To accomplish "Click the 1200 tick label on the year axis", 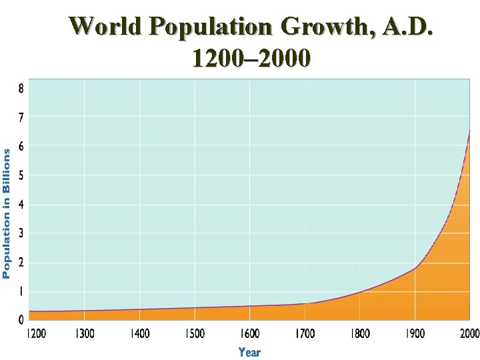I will tap(36, 333).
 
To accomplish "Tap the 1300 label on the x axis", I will tap(85, 333).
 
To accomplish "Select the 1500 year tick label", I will tap(194, 333).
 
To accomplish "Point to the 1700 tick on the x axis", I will tap(305, 333).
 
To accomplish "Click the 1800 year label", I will tap(360, 333).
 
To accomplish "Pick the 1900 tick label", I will tap(415, 333).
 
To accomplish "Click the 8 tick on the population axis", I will tap(21, 88).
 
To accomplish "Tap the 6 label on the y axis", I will tap(21, 146).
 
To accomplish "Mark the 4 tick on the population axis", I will tap(21, 204).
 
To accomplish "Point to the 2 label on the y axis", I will tap(21, 262).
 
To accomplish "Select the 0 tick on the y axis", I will tap(21, 319).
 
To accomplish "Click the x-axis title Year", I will tap(249, 351).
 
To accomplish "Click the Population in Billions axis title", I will tap(7, 213).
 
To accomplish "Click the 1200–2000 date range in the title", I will tap(250, 59).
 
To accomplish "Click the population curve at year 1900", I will tap(415, 268).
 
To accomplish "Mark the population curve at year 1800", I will tap(360, 292).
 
